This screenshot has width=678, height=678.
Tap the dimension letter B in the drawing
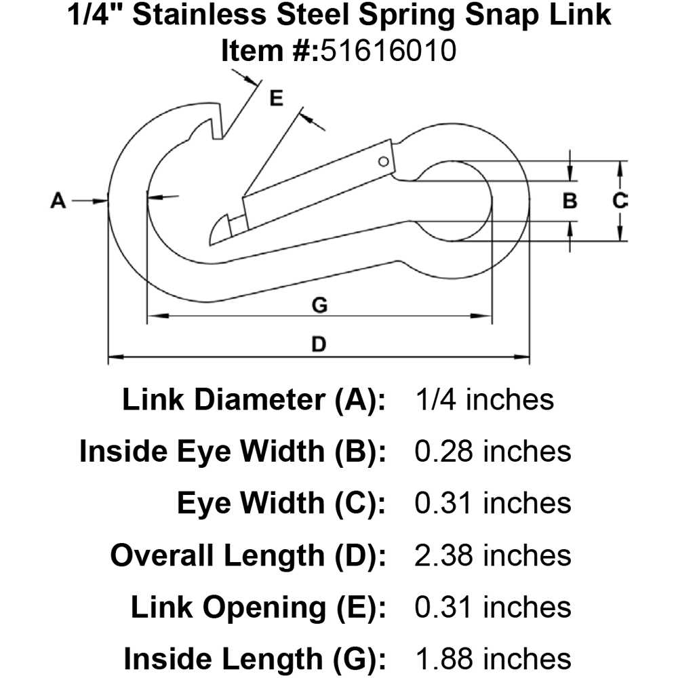570,201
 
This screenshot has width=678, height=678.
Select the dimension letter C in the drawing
620,201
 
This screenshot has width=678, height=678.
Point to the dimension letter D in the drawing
319,345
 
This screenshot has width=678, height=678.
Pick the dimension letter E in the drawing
276,99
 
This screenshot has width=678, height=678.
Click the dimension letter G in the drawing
319,306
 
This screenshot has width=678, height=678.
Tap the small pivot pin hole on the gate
383,161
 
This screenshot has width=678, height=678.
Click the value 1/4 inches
483,399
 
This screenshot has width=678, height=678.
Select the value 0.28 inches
492,451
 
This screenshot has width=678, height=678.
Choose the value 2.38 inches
492,555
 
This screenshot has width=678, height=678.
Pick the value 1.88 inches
492,658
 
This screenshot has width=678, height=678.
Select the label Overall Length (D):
248,555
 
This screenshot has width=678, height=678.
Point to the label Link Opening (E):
258,607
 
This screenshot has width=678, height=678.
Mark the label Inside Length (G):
254,658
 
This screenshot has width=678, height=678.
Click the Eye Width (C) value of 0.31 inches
492,503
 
